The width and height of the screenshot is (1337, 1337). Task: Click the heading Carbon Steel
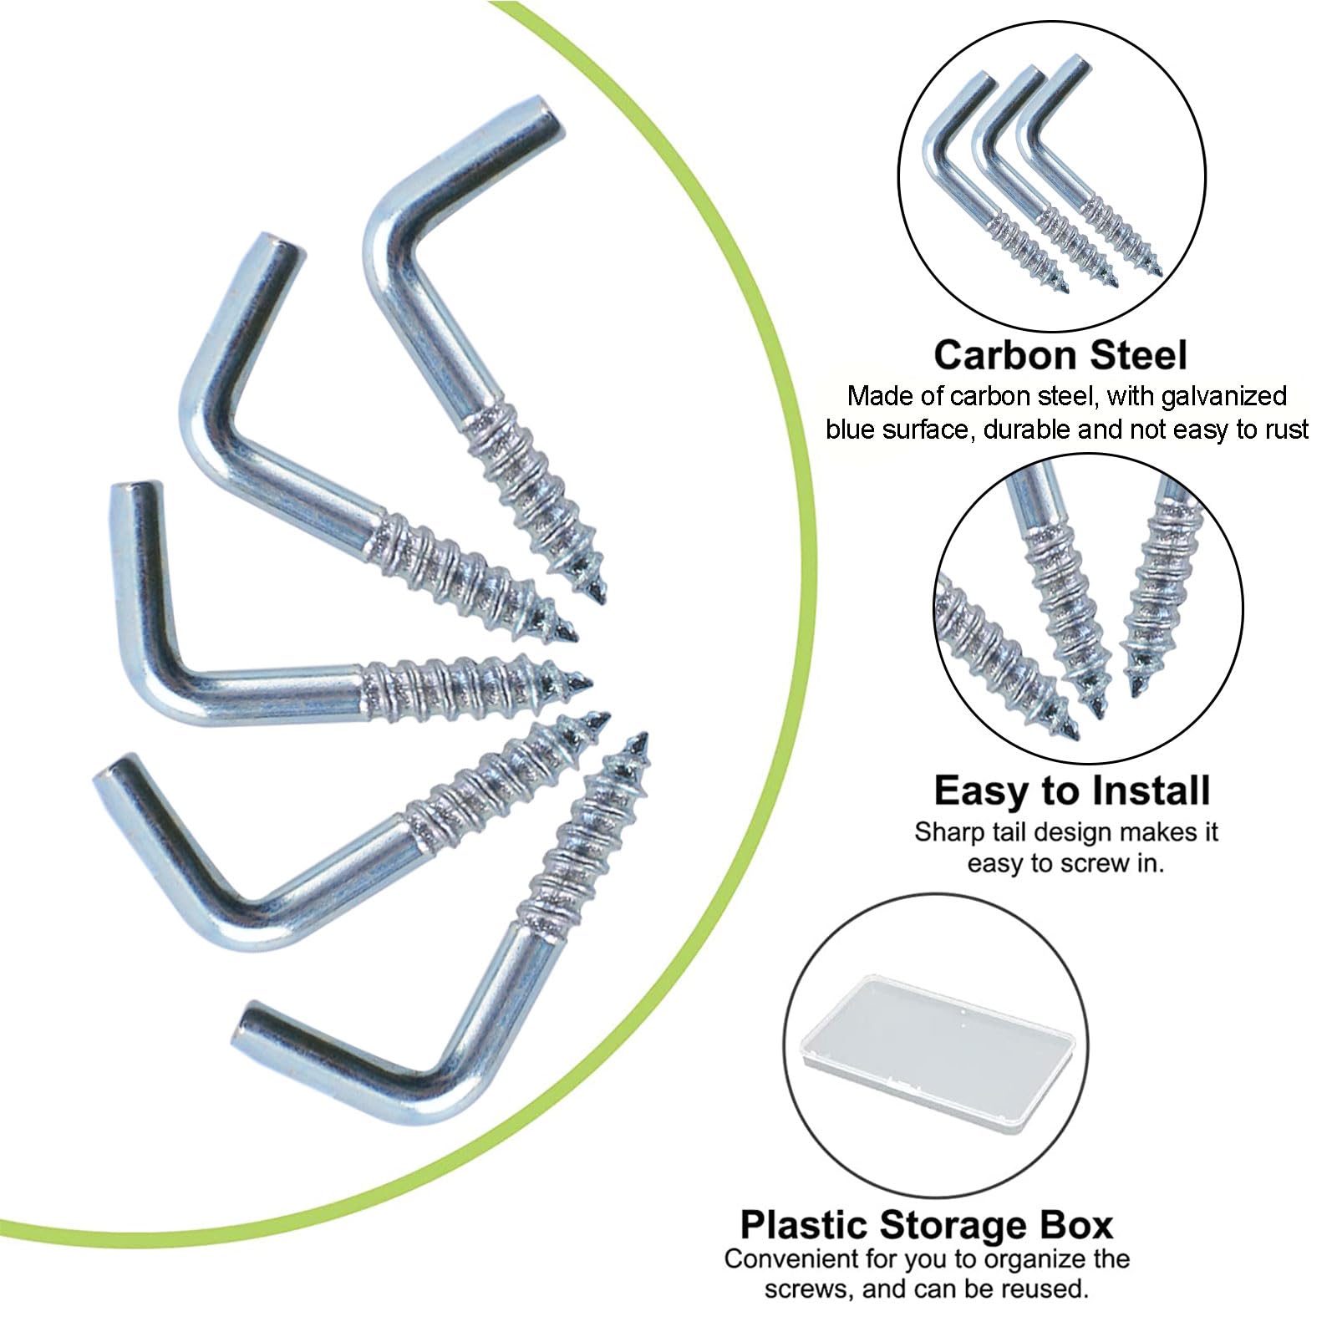point(1060,355)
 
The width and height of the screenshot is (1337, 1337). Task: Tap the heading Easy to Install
point(1072,791)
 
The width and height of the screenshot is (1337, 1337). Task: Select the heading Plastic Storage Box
point(927,1225)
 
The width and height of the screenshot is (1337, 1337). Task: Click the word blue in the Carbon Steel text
point(851,430)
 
